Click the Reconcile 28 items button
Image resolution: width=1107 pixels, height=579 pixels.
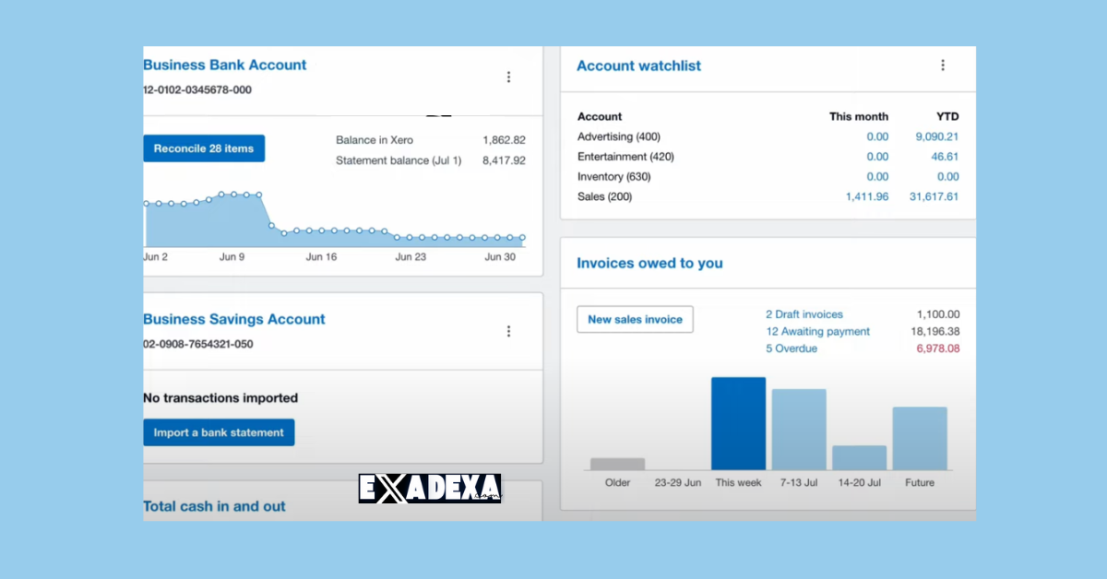[204, 148]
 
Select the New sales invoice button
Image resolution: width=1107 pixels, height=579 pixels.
[635, 320]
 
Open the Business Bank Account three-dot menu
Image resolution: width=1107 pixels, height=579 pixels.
[508, 77]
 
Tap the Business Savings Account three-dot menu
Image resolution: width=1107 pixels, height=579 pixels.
[508, 331]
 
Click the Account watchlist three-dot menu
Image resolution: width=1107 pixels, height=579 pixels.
[942, 65]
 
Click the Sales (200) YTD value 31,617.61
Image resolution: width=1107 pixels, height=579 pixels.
[934, 196]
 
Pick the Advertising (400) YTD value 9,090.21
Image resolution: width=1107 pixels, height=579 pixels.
[936, 136]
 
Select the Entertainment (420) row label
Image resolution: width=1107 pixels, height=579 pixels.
[625, 157]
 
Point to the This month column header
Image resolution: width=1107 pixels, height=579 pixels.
[858, 116]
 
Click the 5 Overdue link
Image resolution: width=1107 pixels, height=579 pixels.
[791, 349]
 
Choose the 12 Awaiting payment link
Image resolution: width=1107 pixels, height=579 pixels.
[817, 332]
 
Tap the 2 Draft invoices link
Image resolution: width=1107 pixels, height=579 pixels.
[803, 314]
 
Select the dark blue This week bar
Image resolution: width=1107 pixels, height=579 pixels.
[738, 423]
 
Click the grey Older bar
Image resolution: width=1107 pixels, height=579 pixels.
[617, 464]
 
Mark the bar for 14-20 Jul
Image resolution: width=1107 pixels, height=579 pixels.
[859, 457]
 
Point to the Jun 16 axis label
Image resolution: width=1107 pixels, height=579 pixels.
[321, 257]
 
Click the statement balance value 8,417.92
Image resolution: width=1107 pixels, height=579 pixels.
[504, 160]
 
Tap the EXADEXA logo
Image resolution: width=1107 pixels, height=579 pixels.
[430, 489]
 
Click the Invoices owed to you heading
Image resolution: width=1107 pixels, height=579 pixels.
[649, 263]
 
